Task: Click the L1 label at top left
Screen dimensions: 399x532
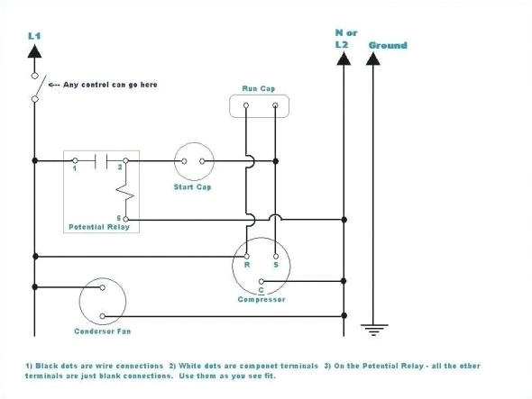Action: click(x=35, y=34)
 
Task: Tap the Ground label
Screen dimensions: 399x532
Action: click(x=388, y=45)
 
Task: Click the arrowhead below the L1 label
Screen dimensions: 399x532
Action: click(x=35, y=53)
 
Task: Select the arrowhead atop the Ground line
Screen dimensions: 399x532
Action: click(x=372, y=60)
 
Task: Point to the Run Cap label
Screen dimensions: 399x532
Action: click(x=257, y=88)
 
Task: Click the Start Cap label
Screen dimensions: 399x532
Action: click(x=191, y=187)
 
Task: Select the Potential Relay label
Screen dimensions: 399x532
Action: click(x=99, y=226)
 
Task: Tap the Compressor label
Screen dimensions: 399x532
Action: click(x=261, y=299)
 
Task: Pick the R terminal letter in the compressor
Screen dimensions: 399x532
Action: click(x=246, y=266)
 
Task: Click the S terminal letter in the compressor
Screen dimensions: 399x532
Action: click(x=275, y=266)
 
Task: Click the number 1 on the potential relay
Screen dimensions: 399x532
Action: click(x=76, y=168)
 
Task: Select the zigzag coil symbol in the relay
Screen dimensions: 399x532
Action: click(x=128, y=190)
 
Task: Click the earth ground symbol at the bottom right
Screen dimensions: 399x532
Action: click(x=372, y=328)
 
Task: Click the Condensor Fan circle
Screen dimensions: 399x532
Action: click(x=101, y=301)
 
